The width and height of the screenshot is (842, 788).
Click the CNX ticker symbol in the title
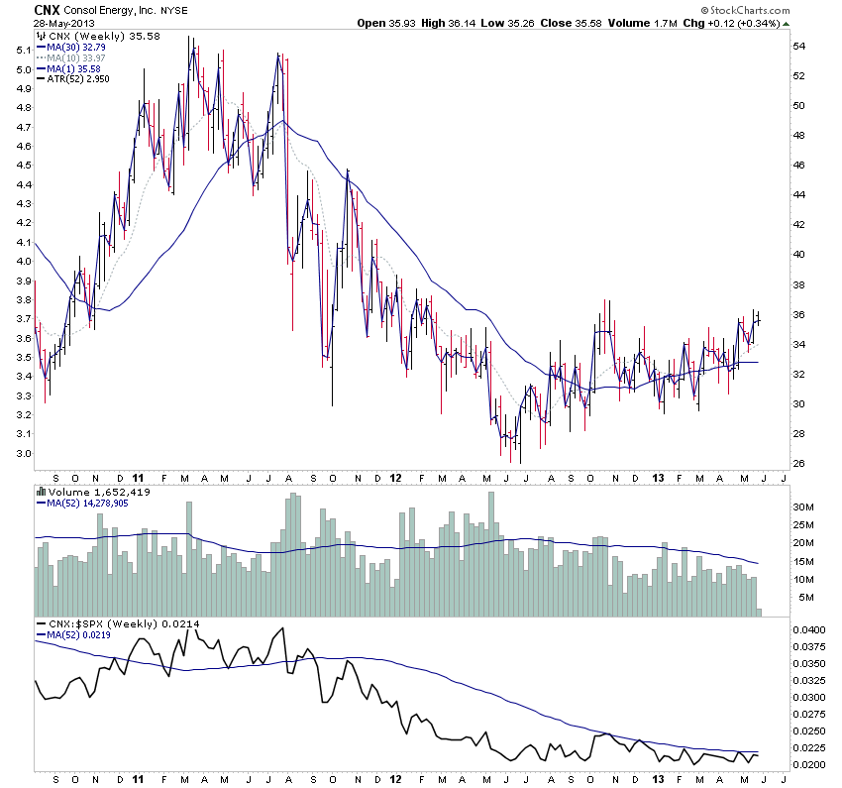tap(50, 9)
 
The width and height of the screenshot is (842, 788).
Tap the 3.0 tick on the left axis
tap(20, 453)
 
